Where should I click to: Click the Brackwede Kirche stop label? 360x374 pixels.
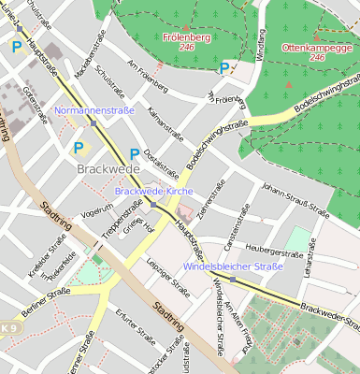coord(152,191)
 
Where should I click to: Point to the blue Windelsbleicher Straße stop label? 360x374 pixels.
coord(233,267)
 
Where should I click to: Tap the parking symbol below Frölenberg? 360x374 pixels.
coord(223,67)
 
